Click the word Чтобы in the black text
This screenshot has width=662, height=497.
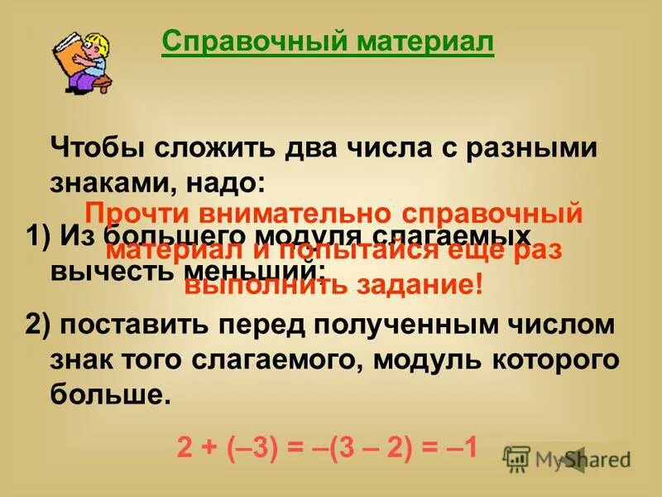pos(95,148)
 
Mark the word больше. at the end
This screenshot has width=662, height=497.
pos(110,394)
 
